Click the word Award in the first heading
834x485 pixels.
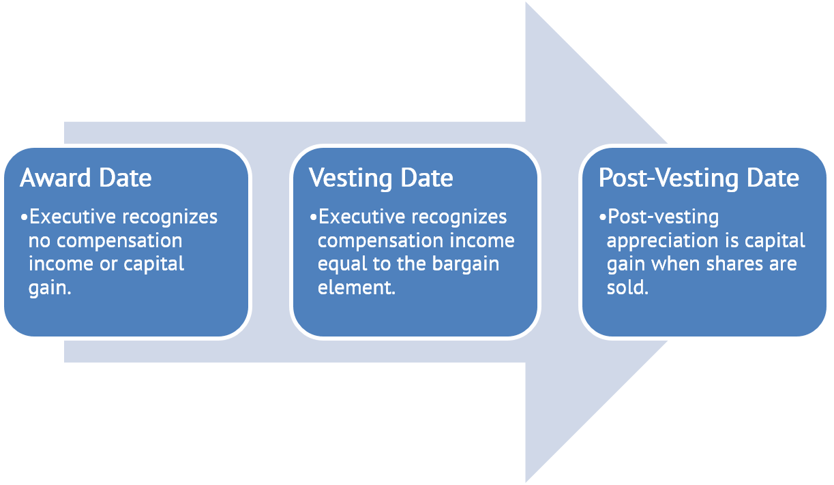tap(56, 178)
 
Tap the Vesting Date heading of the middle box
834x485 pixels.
tap(381, 178)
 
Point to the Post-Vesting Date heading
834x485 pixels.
tap(698, 178)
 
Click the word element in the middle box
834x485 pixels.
tap(355, 287)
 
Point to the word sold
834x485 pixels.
tap(626, 287)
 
